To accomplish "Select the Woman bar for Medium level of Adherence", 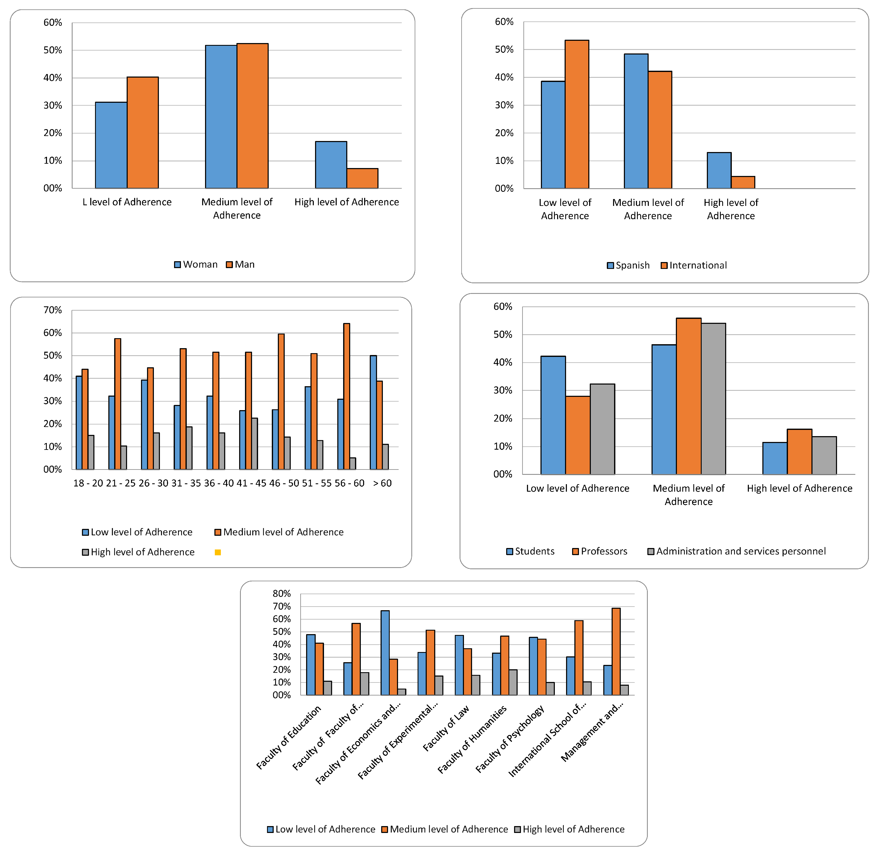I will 221,117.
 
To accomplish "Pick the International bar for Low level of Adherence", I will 577,115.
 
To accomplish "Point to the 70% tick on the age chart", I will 53,310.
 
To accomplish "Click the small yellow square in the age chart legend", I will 218,552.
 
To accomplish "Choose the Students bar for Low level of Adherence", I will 553,415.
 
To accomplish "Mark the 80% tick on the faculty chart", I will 282,594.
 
